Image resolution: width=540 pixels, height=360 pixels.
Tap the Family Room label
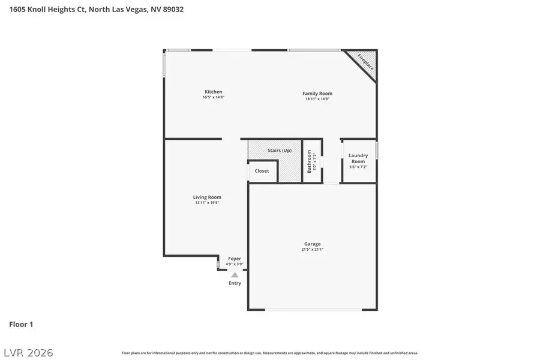[x=317, y=93]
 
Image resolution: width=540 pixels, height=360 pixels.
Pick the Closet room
[x=262, y=171]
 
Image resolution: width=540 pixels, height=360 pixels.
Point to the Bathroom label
[x=310, y=161]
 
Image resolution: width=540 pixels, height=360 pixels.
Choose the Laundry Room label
[x=358, y=158]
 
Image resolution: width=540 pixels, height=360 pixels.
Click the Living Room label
[x=207, y=197]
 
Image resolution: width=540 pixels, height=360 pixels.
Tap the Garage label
[x=312, y=244]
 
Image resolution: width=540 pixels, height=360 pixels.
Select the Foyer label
[x=234, y=259]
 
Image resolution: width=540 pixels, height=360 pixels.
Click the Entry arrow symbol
[x=235, y=275]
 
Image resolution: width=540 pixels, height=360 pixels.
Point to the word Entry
[x=235, y=283]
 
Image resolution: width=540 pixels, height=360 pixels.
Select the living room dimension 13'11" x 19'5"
[x=207, y=203]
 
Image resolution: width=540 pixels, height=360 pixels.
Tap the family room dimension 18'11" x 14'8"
[x=317, y=98]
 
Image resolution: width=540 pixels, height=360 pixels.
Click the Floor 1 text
[x=21, y=325]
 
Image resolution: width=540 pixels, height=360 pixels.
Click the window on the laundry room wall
[x=377, y=150]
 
